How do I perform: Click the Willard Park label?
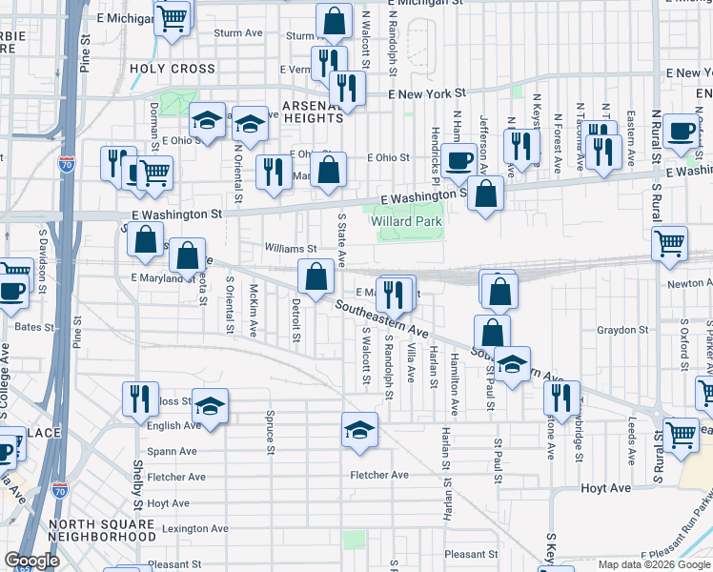click(x=405, y=221)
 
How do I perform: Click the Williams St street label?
click(x=291, y=249)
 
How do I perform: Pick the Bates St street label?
click(x=31, y=327)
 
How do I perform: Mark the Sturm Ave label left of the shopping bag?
click(x=239, y=33)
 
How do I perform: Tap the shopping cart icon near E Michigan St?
click(x=172, y=16)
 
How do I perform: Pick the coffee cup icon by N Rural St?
click(x=682, y=132)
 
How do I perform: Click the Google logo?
click(x=32, y=561)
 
